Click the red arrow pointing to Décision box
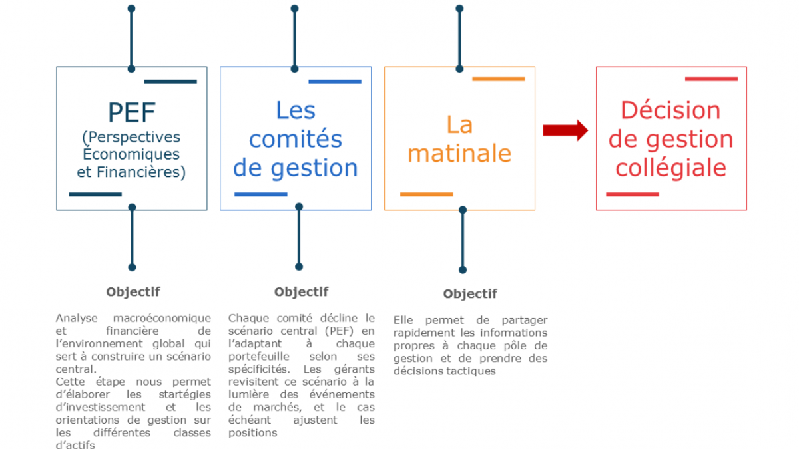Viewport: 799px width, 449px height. (x=565, y=130)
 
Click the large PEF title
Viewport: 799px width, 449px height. (x=132, y=112)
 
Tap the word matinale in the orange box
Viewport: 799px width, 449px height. (x=459, y=153)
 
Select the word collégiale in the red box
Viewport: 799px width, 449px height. (x=671, y=168)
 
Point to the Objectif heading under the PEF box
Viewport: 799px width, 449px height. (x=133, y=292)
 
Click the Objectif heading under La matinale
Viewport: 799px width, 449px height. (x=470, y=293)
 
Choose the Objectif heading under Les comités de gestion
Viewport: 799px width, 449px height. (x=302, y=292)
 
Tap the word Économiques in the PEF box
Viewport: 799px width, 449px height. (x=131, y=154)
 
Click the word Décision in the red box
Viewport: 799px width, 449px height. (x=670, y=110)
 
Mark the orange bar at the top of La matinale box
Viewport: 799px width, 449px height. (x=499, y=79)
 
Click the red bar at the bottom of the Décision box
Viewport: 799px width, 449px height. (x=633, y=194)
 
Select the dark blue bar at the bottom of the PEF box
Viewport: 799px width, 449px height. (x=95, y=194)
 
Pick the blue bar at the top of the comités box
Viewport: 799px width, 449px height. (x=335, y=82)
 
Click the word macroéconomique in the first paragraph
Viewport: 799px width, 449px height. (x=162, y=318)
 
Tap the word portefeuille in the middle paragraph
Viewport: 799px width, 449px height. (x=259, y=357)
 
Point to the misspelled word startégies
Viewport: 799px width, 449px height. (x=185, y=394)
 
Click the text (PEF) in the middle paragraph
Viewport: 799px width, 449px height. (x=339, y=331)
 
